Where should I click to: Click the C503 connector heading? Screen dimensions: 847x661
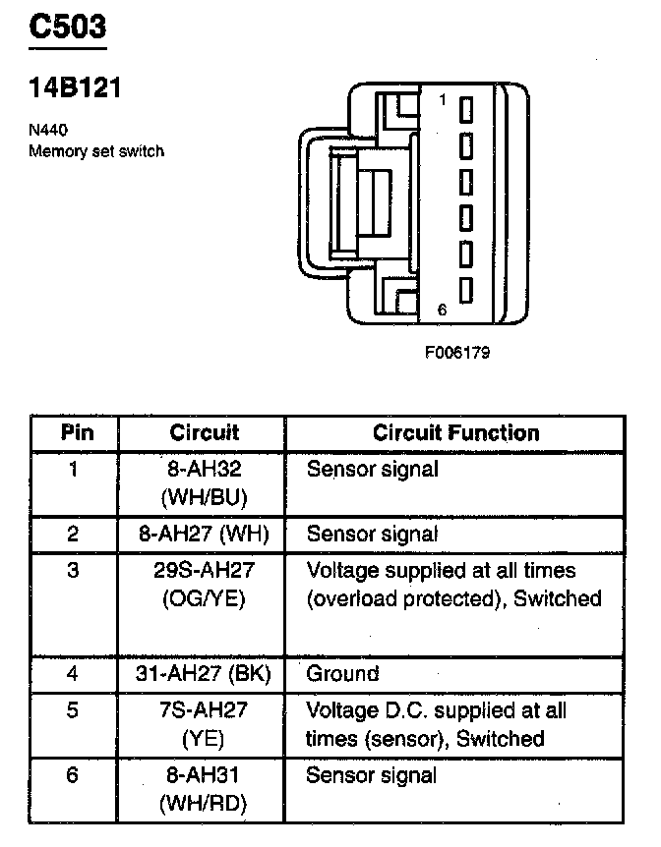coord(67,27)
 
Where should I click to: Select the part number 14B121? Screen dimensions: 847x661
coord(74,88)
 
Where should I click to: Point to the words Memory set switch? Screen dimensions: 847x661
coord(95,151)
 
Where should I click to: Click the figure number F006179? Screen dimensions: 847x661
coord(457,352)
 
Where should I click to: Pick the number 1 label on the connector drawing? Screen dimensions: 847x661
coord(442,100)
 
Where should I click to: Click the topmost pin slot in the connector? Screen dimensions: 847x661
coord(466,107)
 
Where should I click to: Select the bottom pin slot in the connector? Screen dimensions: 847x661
coord(466,290)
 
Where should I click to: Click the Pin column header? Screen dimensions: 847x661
coord(75,432)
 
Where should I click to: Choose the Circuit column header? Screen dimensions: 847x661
coord(204,432)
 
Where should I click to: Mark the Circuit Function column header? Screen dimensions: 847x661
coord(455,432)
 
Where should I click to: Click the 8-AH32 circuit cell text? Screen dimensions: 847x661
coord(204,470)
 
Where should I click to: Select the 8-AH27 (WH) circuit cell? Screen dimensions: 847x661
coord(204,535)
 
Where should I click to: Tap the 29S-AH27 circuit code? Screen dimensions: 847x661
coord(204,570)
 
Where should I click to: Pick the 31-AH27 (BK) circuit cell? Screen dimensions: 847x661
coord(204,674)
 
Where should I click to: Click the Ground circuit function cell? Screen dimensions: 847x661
coord(342,674)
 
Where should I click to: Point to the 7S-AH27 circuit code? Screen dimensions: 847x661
coord(204,709)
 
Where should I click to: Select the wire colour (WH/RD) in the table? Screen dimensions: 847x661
coord(204,804)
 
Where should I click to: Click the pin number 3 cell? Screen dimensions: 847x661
coord(74,570)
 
